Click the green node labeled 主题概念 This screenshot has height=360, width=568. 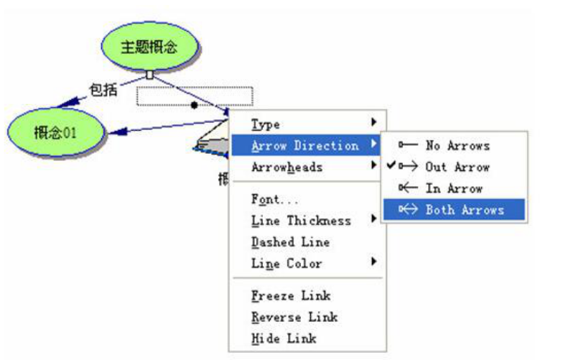(x=149, y=48)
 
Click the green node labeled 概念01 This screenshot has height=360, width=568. (x=55, y=132)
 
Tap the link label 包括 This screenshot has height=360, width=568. (x=103, y=89)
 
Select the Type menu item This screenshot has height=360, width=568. (x=266, y=124)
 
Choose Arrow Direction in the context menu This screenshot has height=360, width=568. (x=304, y=146)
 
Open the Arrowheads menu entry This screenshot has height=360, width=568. (x=287, y=167)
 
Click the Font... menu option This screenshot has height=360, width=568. (x=275, y=199)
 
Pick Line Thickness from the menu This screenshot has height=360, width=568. (x=301, y=221)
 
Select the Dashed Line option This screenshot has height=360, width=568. (x=290, y=242)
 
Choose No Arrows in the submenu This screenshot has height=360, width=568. (x=457, y=145)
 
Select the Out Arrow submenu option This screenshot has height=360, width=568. (x=457, y=167)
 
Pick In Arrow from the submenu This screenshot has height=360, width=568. (x=453, y=188)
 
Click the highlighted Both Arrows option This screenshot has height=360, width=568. (x=464, y=210)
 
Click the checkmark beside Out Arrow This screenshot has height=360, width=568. (x=391, y=165)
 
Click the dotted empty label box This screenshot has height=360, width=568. (x=195, y=96)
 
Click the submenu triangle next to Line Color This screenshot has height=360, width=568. (x=374, y=262)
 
